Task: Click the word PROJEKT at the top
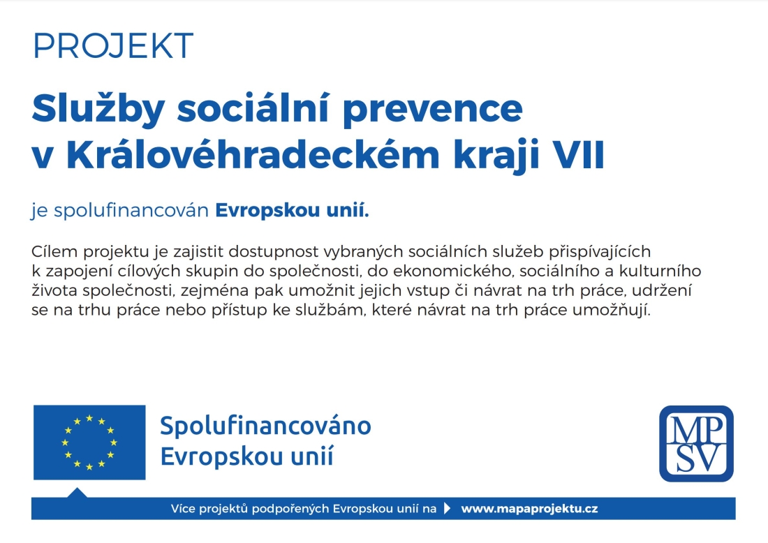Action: [x=113, y=46]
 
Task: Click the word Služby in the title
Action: [x=98, y=110]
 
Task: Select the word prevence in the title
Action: [x=433, y=112]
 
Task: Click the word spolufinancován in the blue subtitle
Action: [x=131, y=211]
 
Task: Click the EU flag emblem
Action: [x=89, y=442]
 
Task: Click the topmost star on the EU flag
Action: [x=89, y=418]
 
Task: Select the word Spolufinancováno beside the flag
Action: [x=265, y=426]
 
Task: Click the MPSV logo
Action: [x=696, y=444]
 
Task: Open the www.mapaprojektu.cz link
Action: [x=529, y=509]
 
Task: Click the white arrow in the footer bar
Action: [x=447, y=508]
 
